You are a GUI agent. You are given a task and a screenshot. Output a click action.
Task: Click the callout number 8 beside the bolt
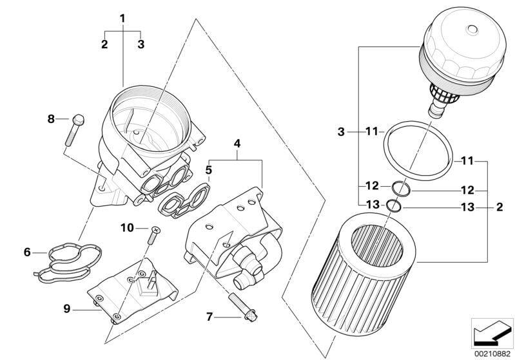(51, 118)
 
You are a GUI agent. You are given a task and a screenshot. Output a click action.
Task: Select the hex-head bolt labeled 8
(75, 130)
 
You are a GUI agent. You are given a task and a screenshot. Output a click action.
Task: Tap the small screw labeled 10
(154, 235)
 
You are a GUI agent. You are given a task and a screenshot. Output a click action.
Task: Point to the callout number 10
(127, 227)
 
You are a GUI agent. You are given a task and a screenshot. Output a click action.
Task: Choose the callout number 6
(27, 252)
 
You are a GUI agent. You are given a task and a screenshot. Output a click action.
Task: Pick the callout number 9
(67, 309)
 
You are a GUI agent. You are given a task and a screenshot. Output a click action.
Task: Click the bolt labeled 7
(242, 307)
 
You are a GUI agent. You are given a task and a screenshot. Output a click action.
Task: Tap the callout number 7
(209, 317)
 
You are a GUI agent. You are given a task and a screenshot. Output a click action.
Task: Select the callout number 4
(237, 144)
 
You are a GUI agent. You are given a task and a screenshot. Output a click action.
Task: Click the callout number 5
(209, 170)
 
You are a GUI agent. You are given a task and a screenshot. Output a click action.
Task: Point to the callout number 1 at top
(122, 19)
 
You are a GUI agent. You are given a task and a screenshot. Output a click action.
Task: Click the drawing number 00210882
(492, 354)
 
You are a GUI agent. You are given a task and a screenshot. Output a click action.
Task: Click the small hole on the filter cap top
(472, 29)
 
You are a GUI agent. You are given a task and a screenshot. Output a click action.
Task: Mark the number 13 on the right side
(468, 207)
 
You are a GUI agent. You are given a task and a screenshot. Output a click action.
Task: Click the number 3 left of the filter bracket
(341, 132)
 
